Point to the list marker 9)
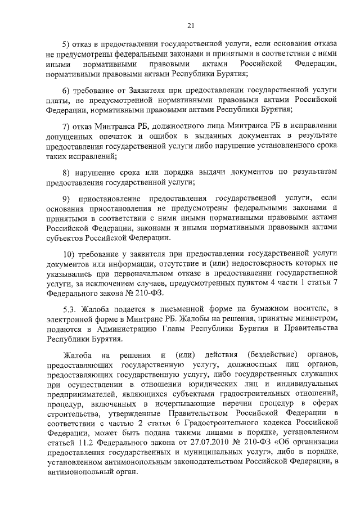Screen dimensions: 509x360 (67, 198)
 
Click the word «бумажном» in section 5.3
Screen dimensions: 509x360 (272, 308)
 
